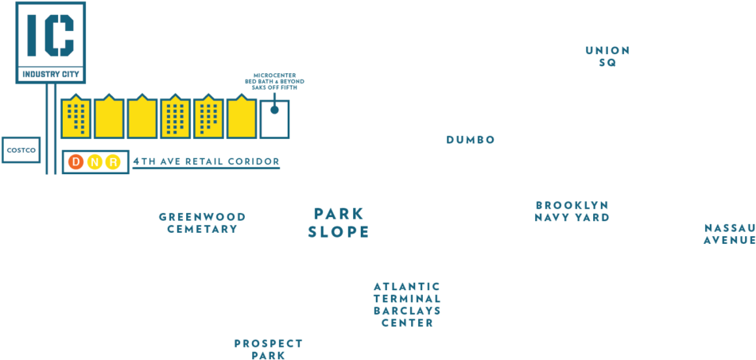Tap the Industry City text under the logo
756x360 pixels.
tap(51, 74)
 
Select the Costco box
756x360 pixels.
tap(21, 149)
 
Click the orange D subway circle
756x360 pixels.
tap(76, 162)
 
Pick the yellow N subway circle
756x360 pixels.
tap(95, 162)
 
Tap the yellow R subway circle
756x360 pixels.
tap(114, 162)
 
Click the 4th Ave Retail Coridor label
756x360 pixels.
tap(206, 161)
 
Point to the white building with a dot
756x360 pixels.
tap(274, 118)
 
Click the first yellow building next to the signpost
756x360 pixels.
tap(76, 118)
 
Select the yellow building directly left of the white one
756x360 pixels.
tap(241, 118)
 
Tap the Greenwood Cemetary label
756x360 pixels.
tap(202, 223)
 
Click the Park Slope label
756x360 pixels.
tap(339, 223)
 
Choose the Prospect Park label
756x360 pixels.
tap(268, 349)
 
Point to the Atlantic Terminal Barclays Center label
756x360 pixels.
tap(407, 304)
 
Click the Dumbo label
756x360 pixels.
tap(471, 140)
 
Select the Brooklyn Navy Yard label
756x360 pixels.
tap(572, 211)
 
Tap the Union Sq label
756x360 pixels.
tap(607, 56)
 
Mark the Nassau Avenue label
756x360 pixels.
tap(729, 234)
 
